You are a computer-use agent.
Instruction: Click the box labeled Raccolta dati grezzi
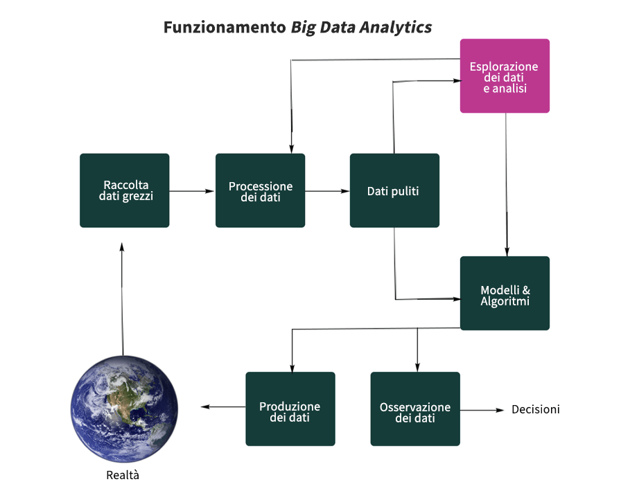pos(124,190)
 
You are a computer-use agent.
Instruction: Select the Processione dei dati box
pos(260,190)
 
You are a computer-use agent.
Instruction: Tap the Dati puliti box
pos(394,190)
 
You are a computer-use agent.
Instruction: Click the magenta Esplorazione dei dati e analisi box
pos(505,75)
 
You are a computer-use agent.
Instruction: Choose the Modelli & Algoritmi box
pos(505,294)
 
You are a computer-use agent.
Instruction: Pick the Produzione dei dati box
pos(290,409)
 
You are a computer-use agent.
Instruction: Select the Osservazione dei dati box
pos(415,409)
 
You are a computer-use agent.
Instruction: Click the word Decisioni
pos(536,409)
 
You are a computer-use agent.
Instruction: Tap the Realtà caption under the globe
pos(123,475)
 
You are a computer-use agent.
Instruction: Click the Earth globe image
pos(124,409)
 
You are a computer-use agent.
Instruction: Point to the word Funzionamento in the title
pos(225,27)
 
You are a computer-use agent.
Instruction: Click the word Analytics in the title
pos(396,28)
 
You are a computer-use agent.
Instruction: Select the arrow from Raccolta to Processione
pos(192,191)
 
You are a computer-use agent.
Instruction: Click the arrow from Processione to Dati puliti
pos(327,191)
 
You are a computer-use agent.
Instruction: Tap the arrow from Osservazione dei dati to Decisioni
pos(482,410)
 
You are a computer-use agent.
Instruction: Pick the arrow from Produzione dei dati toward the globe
pos(223,406)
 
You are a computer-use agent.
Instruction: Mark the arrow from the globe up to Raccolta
pos(122,299)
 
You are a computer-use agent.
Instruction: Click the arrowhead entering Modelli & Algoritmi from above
pos(507,252)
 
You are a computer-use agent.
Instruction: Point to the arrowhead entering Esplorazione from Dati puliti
pos(457,81)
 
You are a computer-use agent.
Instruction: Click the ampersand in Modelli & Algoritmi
pos(526,290)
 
